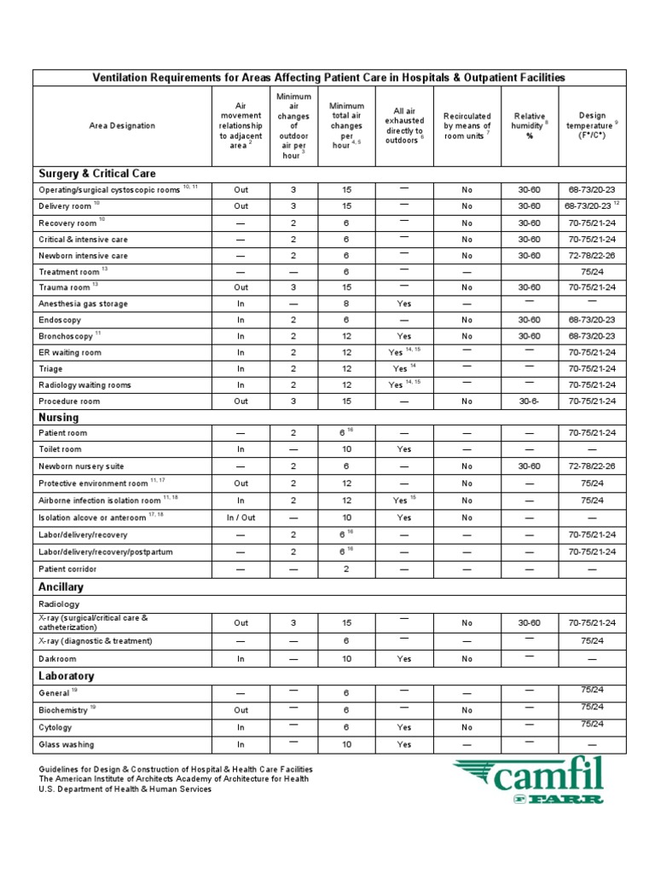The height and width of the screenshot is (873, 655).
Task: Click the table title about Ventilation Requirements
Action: [x=328, y=78]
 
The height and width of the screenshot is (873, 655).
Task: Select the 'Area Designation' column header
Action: [x=122, y=125]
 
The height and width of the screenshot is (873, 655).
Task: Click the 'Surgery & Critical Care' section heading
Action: [x=96, y=173]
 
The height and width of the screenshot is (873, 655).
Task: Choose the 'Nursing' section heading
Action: [x=58, y=417]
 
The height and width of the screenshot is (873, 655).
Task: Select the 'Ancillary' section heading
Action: [x=62, y=587]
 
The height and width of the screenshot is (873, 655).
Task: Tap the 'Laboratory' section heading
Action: [x=66, y=676]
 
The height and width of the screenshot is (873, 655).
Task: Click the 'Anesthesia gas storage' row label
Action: [x=83, y=304]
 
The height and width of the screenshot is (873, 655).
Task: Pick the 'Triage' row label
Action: [x=52, y=368]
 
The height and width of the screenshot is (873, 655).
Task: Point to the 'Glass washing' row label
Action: [x=67, y=744]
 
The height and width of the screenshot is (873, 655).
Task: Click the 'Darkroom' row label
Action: [x=58, y=659]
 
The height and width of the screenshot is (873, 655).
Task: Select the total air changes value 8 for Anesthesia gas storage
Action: [x=346, y=304]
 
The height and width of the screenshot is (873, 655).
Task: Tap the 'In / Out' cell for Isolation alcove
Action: [x=241, y=517]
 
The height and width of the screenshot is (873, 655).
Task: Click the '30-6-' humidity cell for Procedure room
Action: [x=529, y=401]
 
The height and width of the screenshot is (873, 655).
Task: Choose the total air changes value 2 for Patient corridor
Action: [x=346, y=569]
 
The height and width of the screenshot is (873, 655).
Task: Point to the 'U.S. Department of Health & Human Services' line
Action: [x=125, y=789]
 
